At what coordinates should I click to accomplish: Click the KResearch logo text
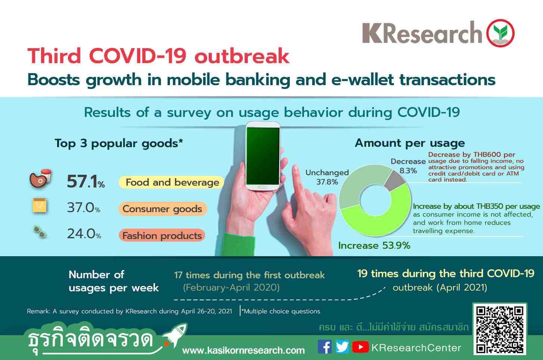(x=422, y=32)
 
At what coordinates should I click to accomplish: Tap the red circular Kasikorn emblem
(x=500, y=33)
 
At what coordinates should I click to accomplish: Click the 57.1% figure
(x=86, y=181)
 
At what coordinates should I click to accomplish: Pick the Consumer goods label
(x=162, y=209)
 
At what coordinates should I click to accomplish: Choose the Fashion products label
(x=162, y=235)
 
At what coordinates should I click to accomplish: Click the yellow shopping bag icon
(x=40, y=205)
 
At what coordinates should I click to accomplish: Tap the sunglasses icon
(x=40, y=232)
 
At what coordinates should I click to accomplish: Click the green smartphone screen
(x=263, y=156)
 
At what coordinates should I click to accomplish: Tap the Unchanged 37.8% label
(x=327, y=177)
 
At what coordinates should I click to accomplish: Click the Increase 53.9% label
(x=374, y=245)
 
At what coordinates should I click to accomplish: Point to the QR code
(x=500, y=329)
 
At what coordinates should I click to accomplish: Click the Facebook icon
(x=325, y=347)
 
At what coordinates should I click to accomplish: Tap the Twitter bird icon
(x=342, y=347)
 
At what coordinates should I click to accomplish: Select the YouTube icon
(x=360, y=347)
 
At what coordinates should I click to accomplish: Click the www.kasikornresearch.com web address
(x=243, y=350)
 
